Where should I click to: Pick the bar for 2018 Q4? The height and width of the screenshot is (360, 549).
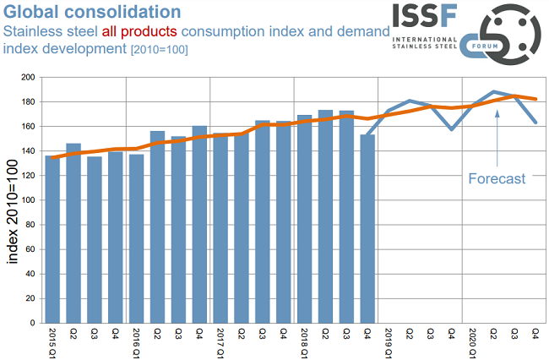click(x=367, y=228)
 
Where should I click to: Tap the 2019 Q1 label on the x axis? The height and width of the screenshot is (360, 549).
click(x=389, y=341)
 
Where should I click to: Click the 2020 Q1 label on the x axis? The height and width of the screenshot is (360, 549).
click(x=473, y=341)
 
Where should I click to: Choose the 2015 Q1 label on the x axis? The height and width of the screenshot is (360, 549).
click(x=52, y=341)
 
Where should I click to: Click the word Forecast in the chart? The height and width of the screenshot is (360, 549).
click(x=497, y=178)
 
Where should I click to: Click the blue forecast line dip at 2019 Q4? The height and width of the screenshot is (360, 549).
click(x=452, y=129)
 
